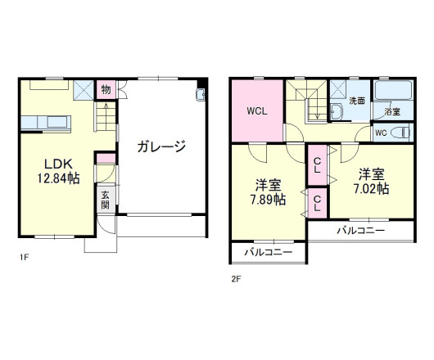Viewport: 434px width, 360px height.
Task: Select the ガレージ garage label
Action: (161, 147)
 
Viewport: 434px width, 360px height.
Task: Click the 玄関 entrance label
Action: (106, 200)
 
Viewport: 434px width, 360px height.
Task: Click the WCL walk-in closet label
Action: (256, 110)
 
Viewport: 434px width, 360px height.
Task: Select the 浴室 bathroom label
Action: (392, 112)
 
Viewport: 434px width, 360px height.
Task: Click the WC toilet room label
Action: (381, 133)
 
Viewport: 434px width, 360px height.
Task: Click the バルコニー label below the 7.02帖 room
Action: (359, 232)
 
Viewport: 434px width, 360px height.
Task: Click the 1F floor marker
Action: (25, 258)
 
